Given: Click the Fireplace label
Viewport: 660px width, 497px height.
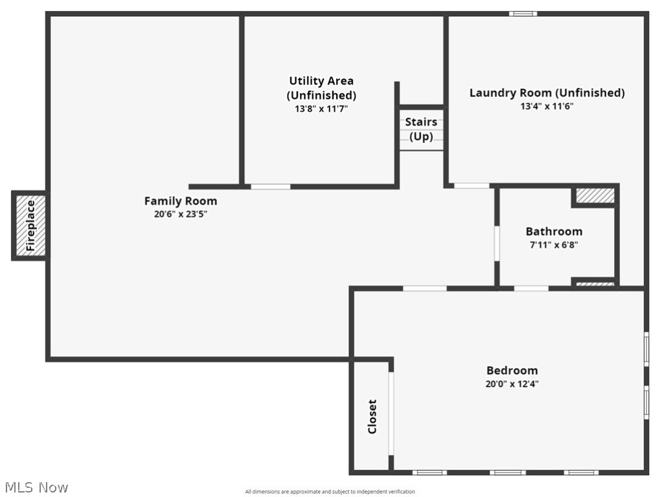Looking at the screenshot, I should click(30, 226).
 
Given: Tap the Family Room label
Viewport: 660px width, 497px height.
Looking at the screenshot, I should click(180, 201).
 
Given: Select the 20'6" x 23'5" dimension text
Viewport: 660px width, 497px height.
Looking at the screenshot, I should click(180, 214).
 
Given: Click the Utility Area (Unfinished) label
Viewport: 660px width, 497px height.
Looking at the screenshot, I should click(321, 88).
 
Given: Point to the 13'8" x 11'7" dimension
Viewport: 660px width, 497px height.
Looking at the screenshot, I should click(321, 109).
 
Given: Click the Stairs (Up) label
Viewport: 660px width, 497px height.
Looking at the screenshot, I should click(421, 129).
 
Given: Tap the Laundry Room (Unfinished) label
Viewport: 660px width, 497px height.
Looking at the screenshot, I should click(547, 93).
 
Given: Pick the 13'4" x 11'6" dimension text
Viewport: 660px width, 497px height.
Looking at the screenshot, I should click(547, 106).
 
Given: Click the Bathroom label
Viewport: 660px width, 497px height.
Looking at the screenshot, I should click(554, 231).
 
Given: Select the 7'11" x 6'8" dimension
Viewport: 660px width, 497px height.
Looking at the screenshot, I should click(554, 245).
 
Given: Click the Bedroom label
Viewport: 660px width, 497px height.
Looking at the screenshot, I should click(512, 370).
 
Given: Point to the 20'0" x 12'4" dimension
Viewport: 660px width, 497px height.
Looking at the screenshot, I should click(512, 384).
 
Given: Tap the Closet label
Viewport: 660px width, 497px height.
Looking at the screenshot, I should click(372, 416).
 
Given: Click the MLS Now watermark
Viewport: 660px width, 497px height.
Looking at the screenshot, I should click(36, 487).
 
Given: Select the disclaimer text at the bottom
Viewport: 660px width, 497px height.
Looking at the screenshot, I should click(330, 492).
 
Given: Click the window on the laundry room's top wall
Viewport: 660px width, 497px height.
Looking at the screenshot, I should click(523, 14).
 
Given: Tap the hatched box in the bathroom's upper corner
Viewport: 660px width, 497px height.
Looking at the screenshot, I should click(595, 195).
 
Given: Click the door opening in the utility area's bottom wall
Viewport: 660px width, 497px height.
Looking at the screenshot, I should click(270, 186).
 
